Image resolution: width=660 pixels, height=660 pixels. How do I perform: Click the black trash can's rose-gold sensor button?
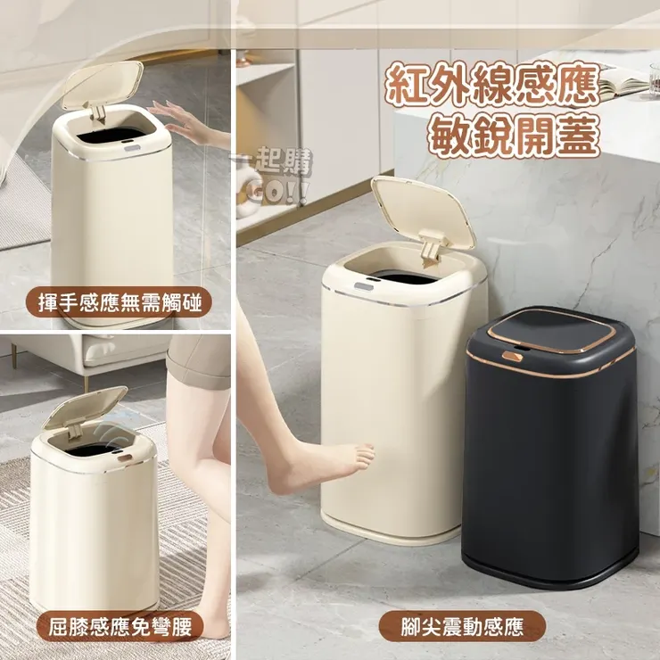click(x=512, y=356)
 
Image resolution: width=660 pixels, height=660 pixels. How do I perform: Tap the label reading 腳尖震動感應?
click(x=462, y=627)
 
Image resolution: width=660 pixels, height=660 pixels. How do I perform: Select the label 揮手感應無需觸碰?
click(x=120, y=303)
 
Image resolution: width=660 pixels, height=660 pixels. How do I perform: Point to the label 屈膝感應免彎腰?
click(x=120, y=627)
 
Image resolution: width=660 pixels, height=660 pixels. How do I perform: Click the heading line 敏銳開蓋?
click(x=512, y=137)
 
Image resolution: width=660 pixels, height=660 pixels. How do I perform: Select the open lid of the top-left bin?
click(x=103, y=85)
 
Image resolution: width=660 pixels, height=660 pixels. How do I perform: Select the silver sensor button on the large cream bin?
click(x=364, y=285)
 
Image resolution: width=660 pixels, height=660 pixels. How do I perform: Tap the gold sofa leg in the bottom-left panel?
click(x=14, y=357)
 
